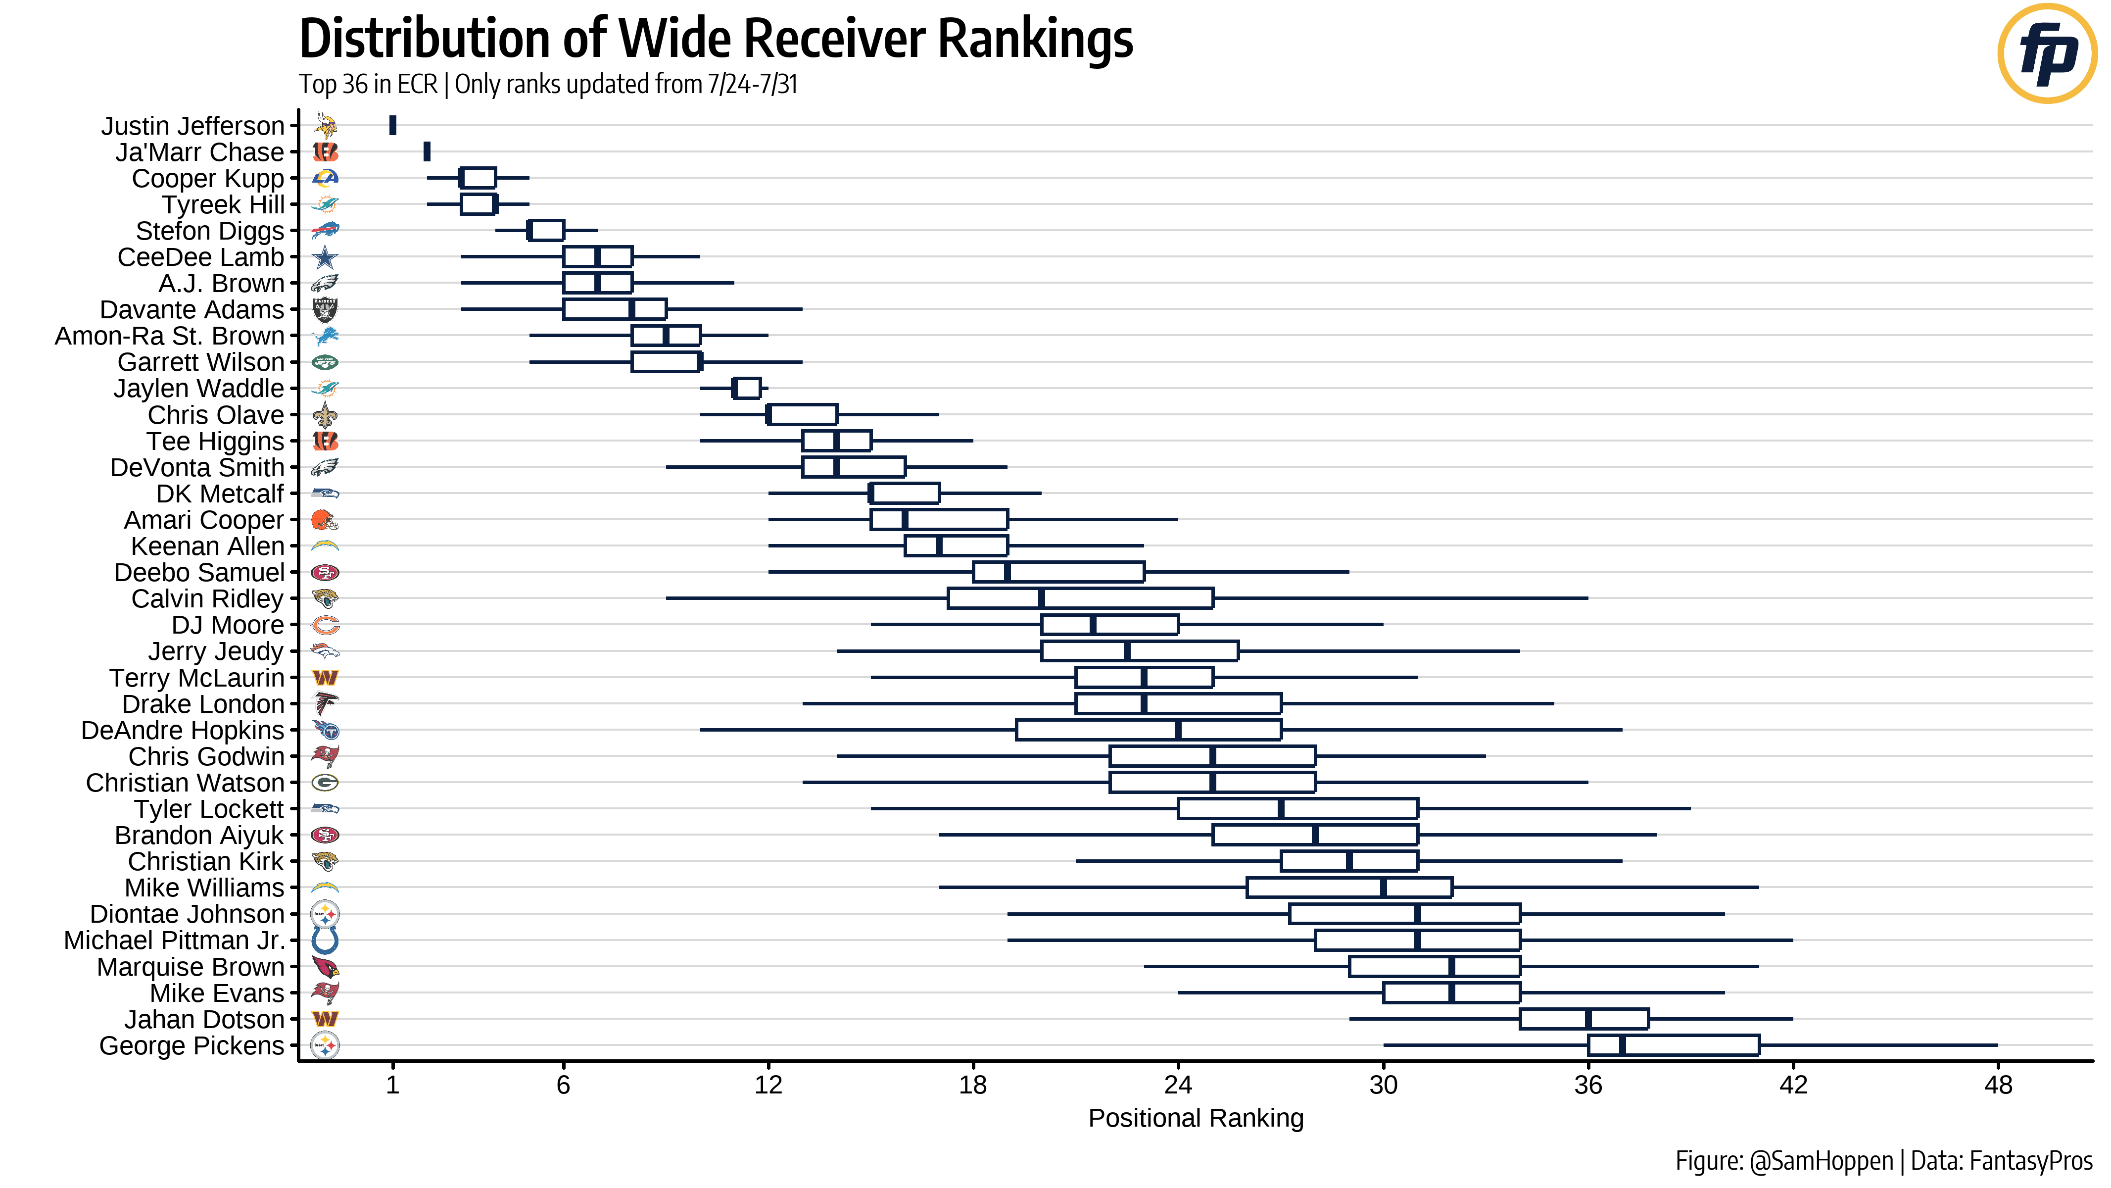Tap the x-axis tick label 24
tap(1178, 1085)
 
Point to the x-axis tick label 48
tap(1998, 1085)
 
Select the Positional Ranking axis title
tap(1195, 1118)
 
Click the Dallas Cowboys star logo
tap(325, 257)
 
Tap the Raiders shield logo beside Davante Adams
tap(325, 310)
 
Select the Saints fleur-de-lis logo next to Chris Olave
tap(325, 415)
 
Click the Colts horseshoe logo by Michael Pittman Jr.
tap(325, 940)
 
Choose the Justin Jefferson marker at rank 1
tap(392, 125)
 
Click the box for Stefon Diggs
tap(546, 230)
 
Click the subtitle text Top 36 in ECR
tap(368, 85)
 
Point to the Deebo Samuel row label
tap(199, 572)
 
